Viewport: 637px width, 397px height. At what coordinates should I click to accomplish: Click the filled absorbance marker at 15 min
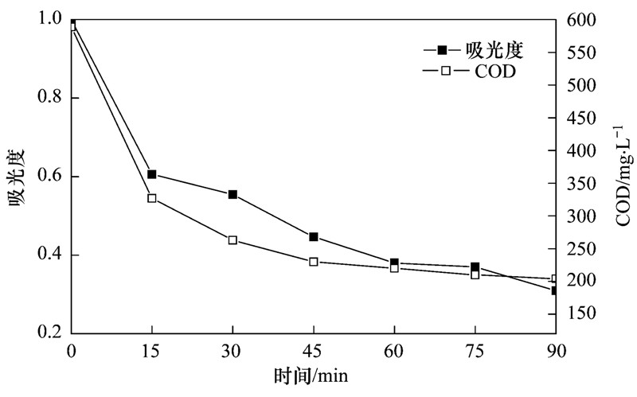(152, 174)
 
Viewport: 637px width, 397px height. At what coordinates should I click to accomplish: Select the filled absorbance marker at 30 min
(233, 194)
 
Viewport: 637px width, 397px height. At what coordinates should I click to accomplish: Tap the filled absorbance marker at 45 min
(314, 237)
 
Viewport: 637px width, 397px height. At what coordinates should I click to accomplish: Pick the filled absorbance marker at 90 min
(555, 290)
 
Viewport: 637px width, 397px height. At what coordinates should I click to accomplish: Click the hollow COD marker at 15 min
(152, 198)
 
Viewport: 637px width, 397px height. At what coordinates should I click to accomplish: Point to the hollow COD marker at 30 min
(233, 240)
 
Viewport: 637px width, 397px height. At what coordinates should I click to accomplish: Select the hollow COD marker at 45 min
(314, 262)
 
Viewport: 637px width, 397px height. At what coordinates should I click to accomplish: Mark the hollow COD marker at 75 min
(475, 274)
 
